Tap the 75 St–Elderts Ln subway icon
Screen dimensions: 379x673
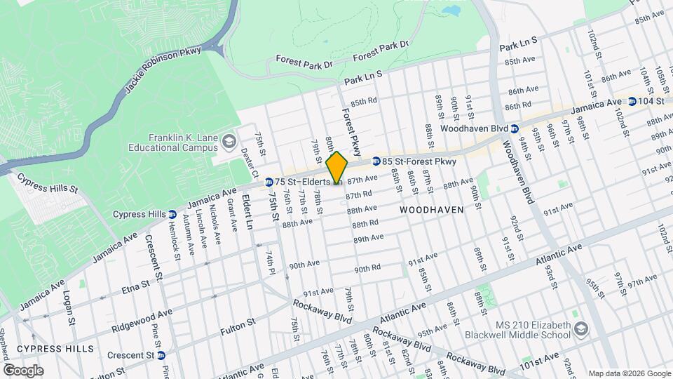(x=269, y=182)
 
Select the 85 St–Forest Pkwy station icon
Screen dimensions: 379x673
(x=376, y=161)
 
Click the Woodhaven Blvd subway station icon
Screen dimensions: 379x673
(x=515, y=128)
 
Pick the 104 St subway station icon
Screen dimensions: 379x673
(x=632, y=102)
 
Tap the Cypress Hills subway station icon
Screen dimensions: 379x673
(x=172, y=214)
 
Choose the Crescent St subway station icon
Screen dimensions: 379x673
(x=161, y=355)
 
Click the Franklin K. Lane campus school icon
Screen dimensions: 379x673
(x=229, y=143)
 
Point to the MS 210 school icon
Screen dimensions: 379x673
(x=581, y=329)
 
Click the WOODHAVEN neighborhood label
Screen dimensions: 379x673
(x=432, y=210)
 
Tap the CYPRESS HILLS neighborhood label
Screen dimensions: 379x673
(x=55, y=349)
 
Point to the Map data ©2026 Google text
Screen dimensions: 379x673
(x=628, y=373)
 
